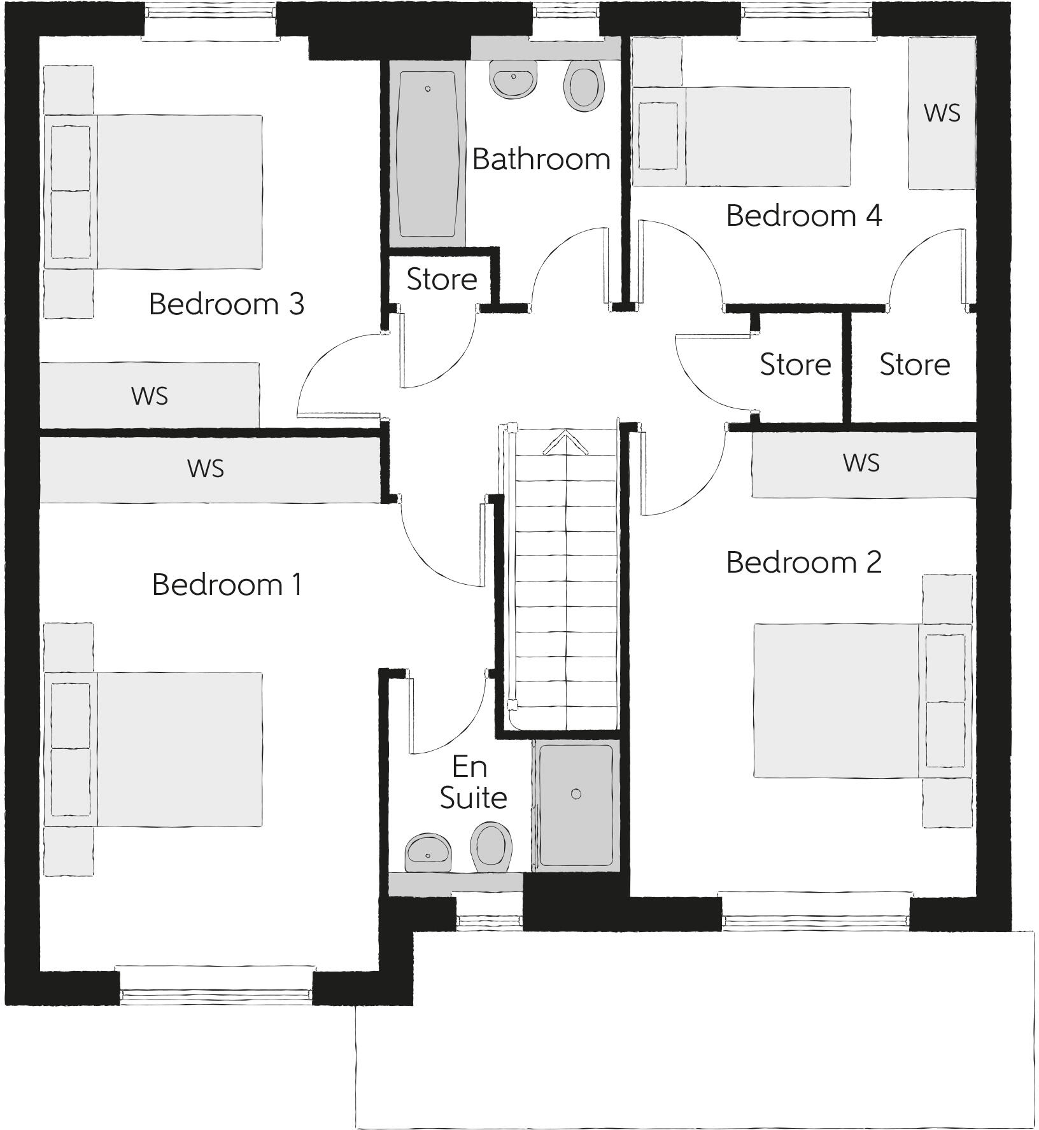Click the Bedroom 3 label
coord(226,304)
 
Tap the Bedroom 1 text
coord(227,585)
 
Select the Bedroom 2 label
coord(803,562)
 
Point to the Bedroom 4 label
coord(803,216)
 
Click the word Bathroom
coord(541,159)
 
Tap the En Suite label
coord(472,783)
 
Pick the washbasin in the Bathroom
coord(512,80)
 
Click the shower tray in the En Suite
coord(576,805)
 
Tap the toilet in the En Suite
coord(491,845)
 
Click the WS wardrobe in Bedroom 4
coord(942,113)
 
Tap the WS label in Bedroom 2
coord(861,463)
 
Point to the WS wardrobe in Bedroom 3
coord(150,396)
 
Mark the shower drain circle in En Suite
coord(576,793)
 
